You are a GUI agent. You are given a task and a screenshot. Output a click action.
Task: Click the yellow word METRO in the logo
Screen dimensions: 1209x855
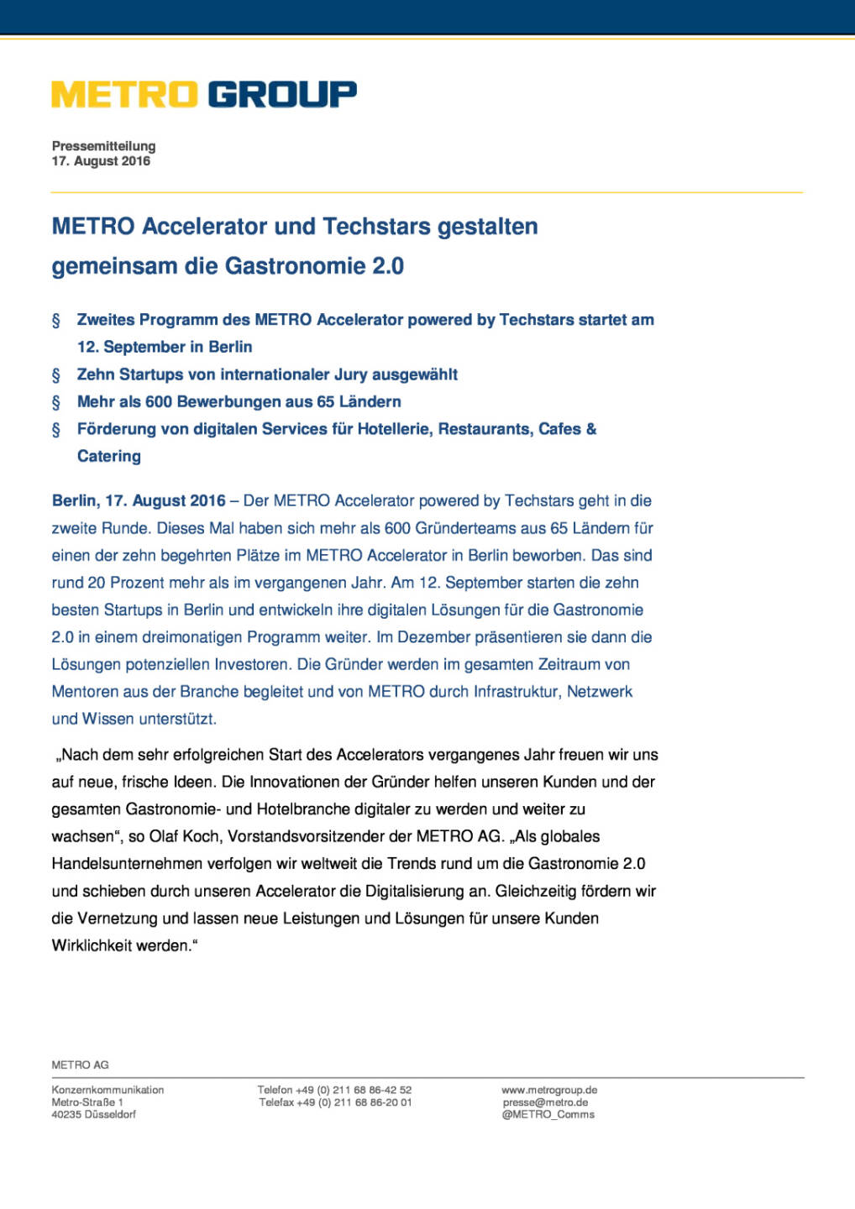pos(124,94)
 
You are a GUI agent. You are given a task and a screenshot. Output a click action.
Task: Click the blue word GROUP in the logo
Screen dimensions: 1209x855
pos(281,94)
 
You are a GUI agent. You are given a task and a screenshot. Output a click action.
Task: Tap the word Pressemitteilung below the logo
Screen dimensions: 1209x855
pos(103,146)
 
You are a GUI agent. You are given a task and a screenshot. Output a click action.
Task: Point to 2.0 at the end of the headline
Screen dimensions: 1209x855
pos(388,266)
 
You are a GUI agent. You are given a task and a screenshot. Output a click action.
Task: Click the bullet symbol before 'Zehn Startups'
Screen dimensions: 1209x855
pos(56,375)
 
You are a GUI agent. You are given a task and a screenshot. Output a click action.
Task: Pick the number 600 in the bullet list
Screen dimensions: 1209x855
pos(159,401)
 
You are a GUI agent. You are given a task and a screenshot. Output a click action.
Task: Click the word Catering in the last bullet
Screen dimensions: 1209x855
pos(109,456)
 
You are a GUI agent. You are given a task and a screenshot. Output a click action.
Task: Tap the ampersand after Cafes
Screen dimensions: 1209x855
pos(591,429)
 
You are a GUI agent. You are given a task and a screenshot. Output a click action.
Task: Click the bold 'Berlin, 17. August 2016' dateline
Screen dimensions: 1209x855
pos(139,500)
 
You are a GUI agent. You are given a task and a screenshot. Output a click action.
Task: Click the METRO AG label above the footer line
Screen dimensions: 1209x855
pos(80,1065)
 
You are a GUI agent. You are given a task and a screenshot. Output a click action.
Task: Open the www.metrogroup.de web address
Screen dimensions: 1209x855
pos(549,1090)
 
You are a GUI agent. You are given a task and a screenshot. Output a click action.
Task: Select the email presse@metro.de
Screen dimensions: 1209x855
pos(545,1102)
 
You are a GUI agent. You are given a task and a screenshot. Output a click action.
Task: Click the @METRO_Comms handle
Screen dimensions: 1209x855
pos(548,1114)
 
